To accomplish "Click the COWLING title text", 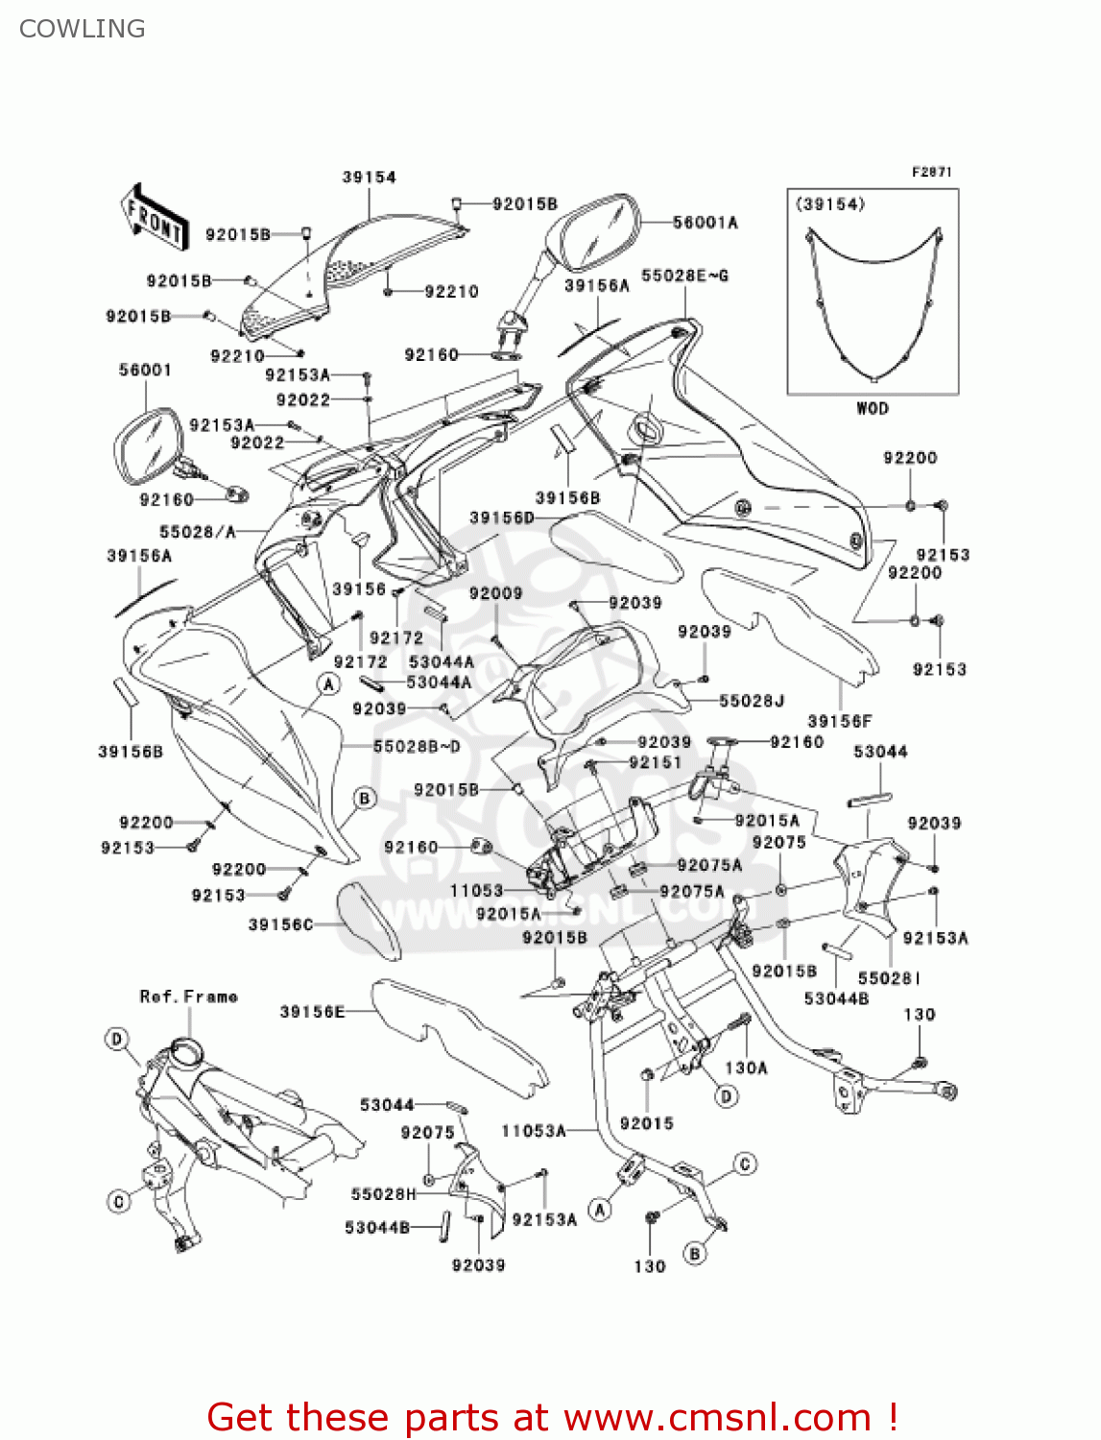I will [x=83, y=29].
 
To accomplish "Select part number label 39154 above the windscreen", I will [x=369, y=177].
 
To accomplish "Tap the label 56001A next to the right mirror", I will [x=706, y=223].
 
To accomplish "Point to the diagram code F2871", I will [x=931, y=172].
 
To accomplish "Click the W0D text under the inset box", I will [x=872, y=408].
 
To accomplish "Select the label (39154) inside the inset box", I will [x=830, y=204].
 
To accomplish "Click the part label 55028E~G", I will [x=684, y=276].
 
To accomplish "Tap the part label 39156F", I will [x=840, y=721].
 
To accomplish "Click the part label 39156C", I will [x=281, y=924].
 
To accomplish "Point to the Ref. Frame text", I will [x=189, y=996].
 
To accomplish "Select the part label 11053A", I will [x=534, y=1131].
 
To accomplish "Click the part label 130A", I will [x=746, y=1068].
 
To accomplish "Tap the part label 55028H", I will [x=384, y=1194].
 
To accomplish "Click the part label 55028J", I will [x=752, y=701].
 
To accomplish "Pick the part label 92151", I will [x=655, y=762].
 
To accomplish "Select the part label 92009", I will [x=495, y=593].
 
